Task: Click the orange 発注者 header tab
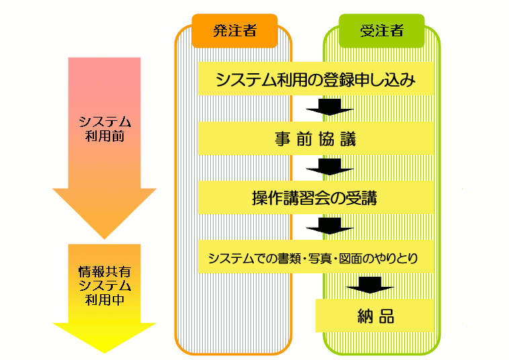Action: tap(234, 31)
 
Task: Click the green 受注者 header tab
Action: tap(381, 31)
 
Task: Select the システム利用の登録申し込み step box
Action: tap(316, 79)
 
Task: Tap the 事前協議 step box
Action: tap(316, 139)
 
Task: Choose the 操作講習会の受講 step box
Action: tap(316, 198)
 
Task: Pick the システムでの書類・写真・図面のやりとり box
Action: tap(316, 257)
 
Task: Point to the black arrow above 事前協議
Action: tap(329, 107)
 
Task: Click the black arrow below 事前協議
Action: tap(329, 167)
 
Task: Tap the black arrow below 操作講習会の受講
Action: tap(329, 226)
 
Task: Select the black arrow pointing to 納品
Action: tap(369, 286)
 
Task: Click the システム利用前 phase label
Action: tap(104, 129)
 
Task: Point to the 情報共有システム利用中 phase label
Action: tap(104, 285)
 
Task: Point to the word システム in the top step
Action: tap(242, 80)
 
